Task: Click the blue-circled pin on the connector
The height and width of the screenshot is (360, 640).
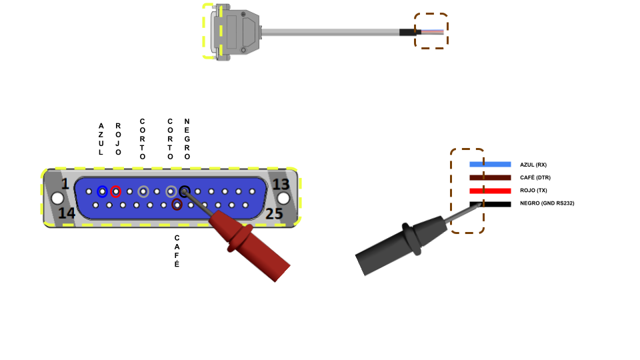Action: (x=102, y=192)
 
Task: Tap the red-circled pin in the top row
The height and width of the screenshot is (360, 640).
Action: (x=116, y=192)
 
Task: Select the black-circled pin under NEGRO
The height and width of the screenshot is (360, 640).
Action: (x=185, y=192)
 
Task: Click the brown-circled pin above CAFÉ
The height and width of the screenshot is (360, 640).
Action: (x=177, y=205)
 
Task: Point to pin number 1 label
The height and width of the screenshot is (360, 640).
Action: (x=65, y=184)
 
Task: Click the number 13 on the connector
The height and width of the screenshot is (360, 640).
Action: (x=281, y=184)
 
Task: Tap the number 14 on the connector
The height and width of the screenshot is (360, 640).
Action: (x=67, y=213)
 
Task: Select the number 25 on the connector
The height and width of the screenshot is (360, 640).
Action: (x=275, y=213)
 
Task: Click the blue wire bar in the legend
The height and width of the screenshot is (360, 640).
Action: (x=490, y=164)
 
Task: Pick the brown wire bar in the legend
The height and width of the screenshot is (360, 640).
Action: (x=490, y=177)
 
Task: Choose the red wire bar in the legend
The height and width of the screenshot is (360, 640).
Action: (x=490, y=191)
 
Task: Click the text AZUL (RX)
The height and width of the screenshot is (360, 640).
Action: (x=533, y=164)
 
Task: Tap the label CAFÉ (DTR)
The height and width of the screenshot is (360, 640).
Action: (x=535, y=177)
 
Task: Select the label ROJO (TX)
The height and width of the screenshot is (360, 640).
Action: (x=533, y=191)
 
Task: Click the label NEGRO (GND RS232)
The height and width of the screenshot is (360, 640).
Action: (x=547, y=203)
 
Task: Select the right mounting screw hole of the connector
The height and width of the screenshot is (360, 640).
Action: (x=284, y=198)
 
